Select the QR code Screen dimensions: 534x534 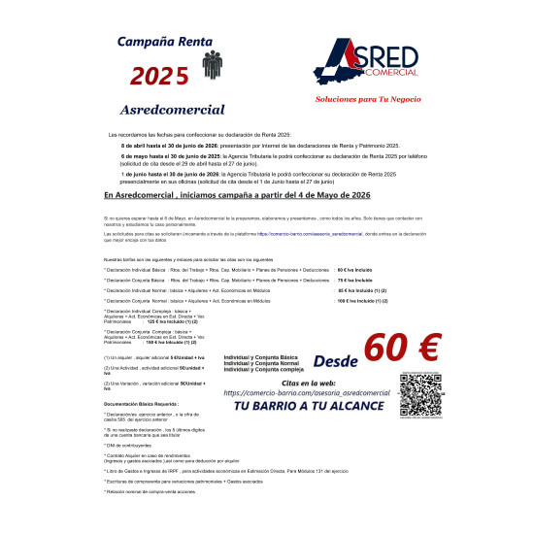419,393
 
